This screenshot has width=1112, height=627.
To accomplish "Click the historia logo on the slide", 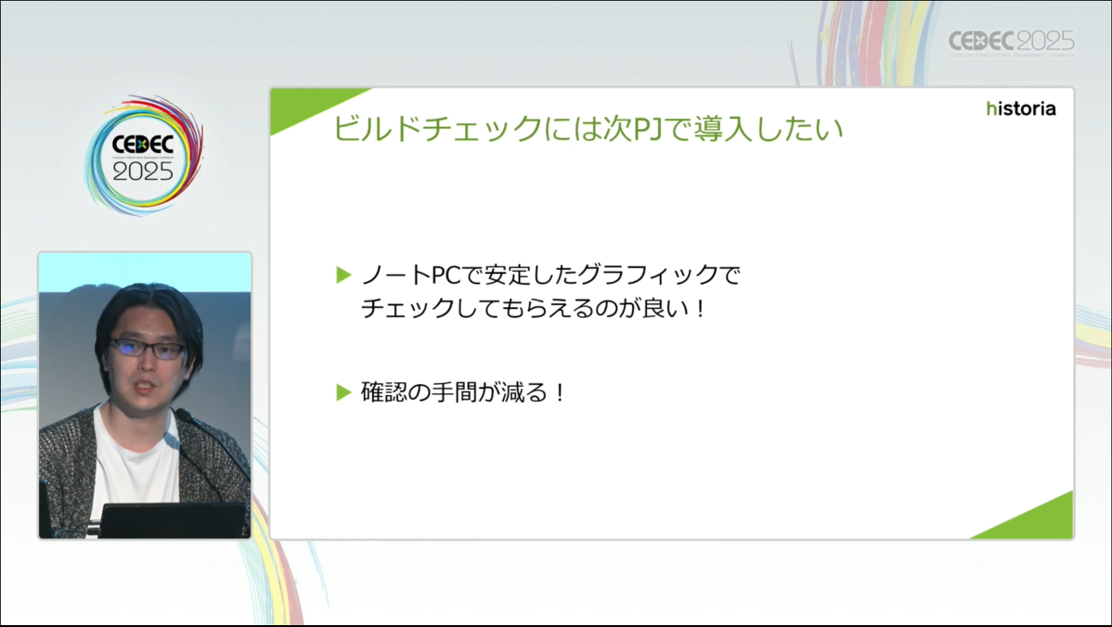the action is (x=1020, y=109).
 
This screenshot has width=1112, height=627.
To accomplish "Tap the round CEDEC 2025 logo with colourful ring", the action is (x=144, y=155).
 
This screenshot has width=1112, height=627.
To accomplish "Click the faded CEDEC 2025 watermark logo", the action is (x=1012, y=44).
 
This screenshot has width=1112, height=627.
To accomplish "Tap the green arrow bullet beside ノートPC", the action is (x=344, y=275).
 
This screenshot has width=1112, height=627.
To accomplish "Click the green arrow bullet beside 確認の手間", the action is (x=344, y=391).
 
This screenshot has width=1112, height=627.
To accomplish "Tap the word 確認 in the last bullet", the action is (x=384, y=391).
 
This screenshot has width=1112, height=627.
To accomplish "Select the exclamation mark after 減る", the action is (x=561, y=391).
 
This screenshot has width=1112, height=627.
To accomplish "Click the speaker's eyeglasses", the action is (x=148, y=348).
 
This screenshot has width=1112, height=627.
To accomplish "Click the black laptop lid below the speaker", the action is (x=174, y=520).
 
